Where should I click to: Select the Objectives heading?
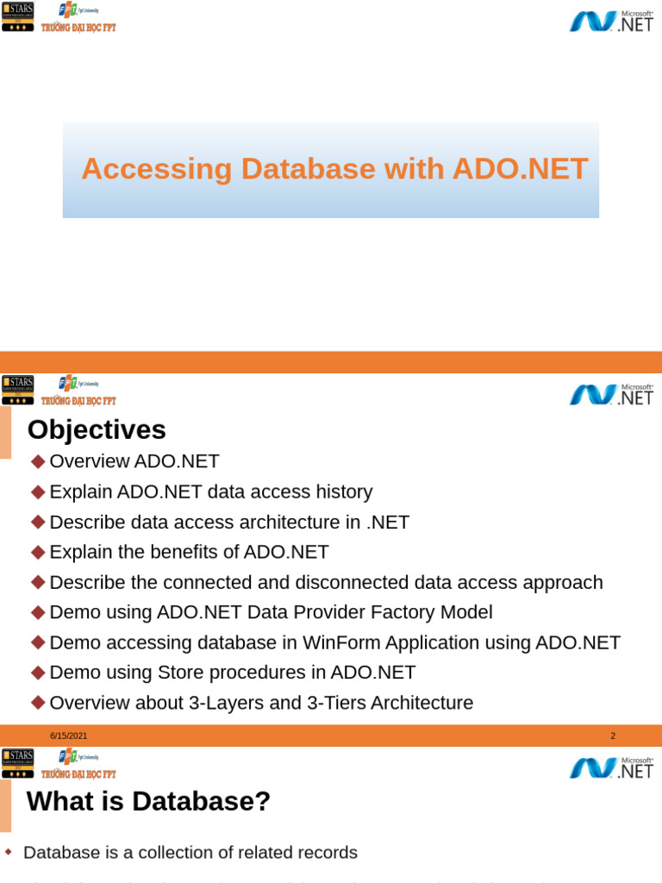point(97,429)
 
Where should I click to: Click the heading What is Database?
point(148,802)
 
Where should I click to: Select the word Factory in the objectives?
point(390,613)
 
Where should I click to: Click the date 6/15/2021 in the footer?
point(68,736)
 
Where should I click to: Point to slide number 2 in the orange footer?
point(613,736)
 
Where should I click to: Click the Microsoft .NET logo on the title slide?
point(611,21)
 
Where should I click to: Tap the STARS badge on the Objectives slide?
point(17,389)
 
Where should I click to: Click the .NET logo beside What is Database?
point(611,767)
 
